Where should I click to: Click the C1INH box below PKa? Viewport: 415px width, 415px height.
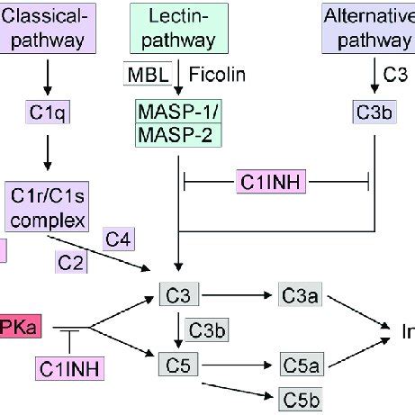click(x=69, y=368)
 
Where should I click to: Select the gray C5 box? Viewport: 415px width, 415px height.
click(x=176, y=365)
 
